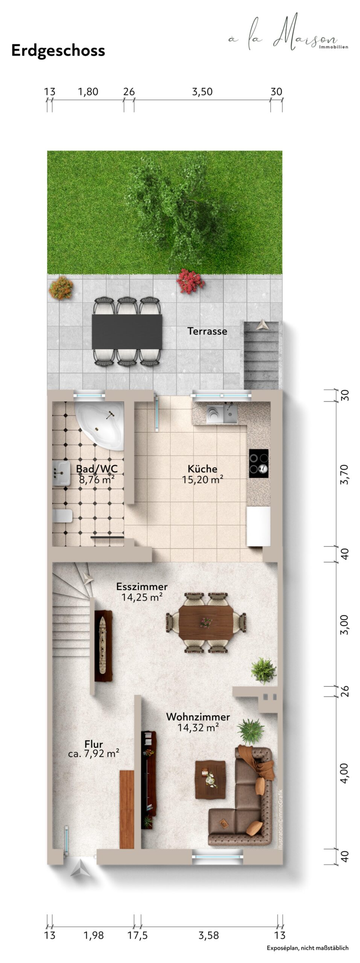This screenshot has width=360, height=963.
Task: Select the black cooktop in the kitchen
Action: tap(259, 463)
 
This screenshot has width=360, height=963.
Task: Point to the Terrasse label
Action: tap(207, 331)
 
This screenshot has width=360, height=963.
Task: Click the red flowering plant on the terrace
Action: tap(191, 281)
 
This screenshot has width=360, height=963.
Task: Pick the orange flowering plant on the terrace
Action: tap(61, 288)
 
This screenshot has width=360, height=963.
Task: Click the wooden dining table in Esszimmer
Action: tap(206, 622)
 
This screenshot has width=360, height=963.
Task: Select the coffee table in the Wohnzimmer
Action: tap(210, 780)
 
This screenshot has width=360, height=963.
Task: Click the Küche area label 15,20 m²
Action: tap(203, 480)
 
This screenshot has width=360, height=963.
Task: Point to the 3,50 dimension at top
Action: tap(202, 91)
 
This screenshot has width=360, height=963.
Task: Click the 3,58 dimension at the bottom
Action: tap(209, 936)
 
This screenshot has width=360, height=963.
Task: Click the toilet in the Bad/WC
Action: tap(62, 516)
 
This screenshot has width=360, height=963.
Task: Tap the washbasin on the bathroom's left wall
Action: tap(61, 473)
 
